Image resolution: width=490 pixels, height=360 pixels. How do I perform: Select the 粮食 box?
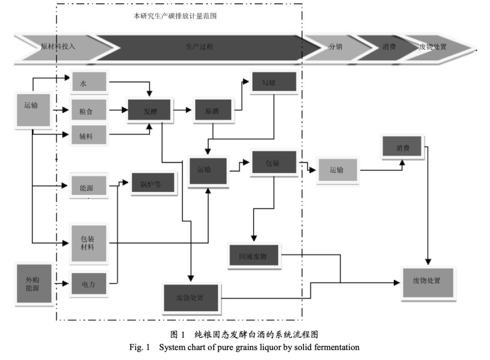pos(89,110)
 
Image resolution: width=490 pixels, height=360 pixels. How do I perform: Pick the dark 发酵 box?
pos(150,111)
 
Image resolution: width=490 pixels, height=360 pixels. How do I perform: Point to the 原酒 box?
pos(212,111)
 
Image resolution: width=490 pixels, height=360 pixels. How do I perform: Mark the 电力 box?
pos(88,284)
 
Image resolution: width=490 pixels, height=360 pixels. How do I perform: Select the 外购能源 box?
pos(32,283)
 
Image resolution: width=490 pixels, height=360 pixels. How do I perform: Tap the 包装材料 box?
pos(88,243)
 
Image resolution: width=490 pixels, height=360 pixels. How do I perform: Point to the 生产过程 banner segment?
pos(200,47)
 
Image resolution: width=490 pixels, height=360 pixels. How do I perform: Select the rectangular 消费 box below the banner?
pos(403,147)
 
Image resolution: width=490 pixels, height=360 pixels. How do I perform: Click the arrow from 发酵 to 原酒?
pos(183,110)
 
